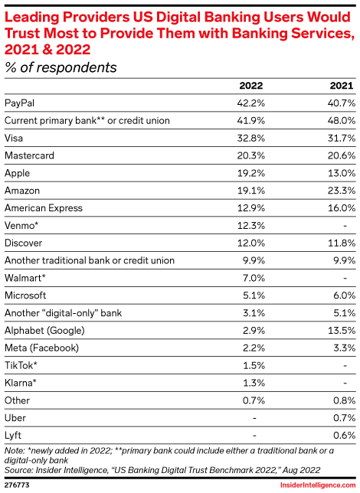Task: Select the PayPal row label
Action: pyautogui.click(x=21, y=103)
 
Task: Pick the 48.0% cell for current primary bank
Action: pyautogui.click(x=339, y=120)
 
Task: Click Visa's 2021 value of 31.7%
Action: pyautogui.click(x=339, y=138)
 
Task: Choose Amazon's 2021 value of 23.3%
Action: pyautogui.click(x=339, y=191)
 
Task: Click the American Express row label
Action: pyautogui.click(x=45, y=208)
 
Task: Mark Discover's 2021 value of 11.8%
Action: pyautogui.click(x=339, y=243)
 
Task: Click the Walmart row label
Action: pyautogui.click(x=26, y=278)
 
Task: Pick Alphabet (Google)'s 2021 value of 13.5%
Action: pyautogui.click(x=339, y=331)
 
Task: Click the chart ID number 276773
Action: pyautogui.click(x=16, y=485)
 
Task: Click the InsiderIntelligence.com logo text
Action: pyautogui.click(x=318, y=485)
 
